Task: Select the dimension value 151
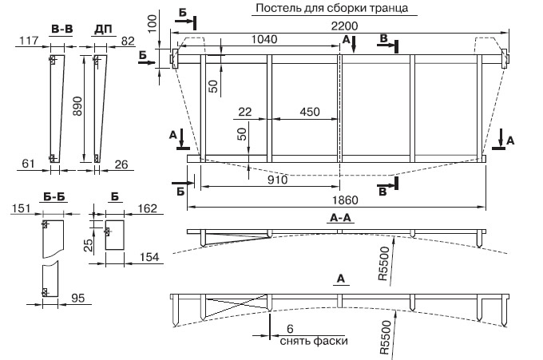click(19, 209)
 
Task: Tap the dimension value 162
click(147, 209)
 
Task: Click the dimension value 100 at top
click(153, 30)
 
